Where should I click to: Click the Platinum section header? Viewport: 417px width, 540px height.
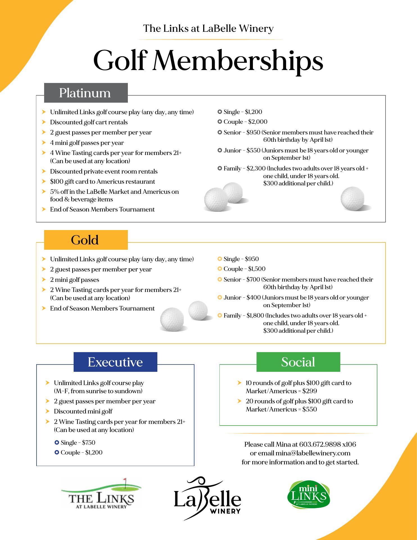[x=86, y=93]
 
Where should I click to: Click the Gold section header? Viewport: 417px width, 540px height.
[x=86, y=240]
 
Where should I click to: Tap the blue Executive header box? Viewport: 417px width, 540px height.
[x=115, y=362]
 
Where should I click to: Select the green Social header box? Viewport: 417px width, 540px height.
[x=298, y=362]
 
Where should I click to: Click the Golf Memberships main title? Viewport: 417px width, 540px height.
[x=208, y=60]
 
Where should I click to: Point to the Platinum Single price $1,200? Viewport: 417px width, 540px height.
[x=253, y=112]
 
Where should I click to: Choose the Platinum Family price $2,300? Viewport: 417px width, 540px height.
[x=256, y=168]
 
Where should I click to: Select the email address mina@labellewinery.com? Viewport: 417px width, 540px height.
[x=313, y=453]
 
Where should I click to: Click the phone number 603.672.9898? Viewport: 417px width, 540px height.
[x=319, y=444]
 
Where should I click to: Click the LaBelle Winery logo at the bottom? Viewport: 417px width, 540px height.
[x=207, y=498]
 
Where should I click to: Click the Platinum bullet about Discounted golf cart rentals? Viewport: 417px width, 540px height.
[x=89, y=122]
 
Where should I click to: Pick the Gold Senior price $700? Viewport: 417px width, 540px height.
[x=253, y=280]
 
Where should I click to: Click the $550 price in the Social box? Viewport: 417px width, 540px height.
[x=309, y=409]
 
